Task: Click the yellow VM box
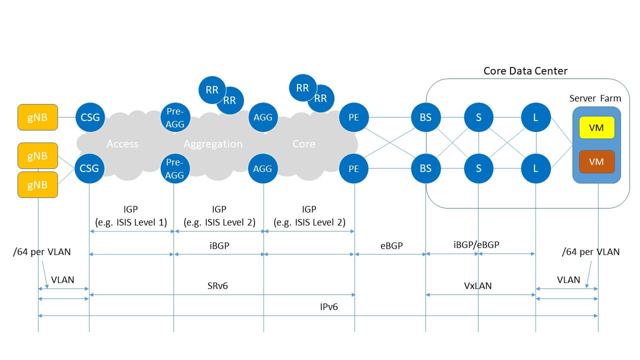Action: [596, 127]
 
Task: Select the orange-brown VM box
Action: [596, 162]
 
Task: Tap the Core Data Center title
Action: [525, 71]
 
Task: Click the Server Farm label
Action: [595, 98]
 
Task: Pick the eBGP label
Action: [391, 245]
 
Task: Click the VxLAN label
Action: [478, 286]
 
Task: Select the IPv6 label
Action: [328, 307]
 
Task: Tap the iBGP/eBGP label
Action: [476, 244]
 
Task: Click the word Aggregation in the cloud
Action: [213, 144]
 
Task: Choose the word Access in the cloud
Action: [122, 144]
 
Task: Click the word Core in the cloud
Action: [303, 144]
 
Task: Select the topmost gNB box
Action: [37, 117]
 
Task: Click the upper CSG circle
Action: [90, 118]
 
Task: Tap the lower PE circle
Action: [354, 168]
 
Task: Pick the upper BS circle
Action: [425, 118]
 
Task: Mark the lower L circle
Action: [535, 168]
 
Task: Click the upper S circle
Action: [478, 118]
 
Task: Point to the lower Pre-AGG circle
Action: [174, 168]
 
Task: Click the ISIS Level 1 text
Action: [130, 222]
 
